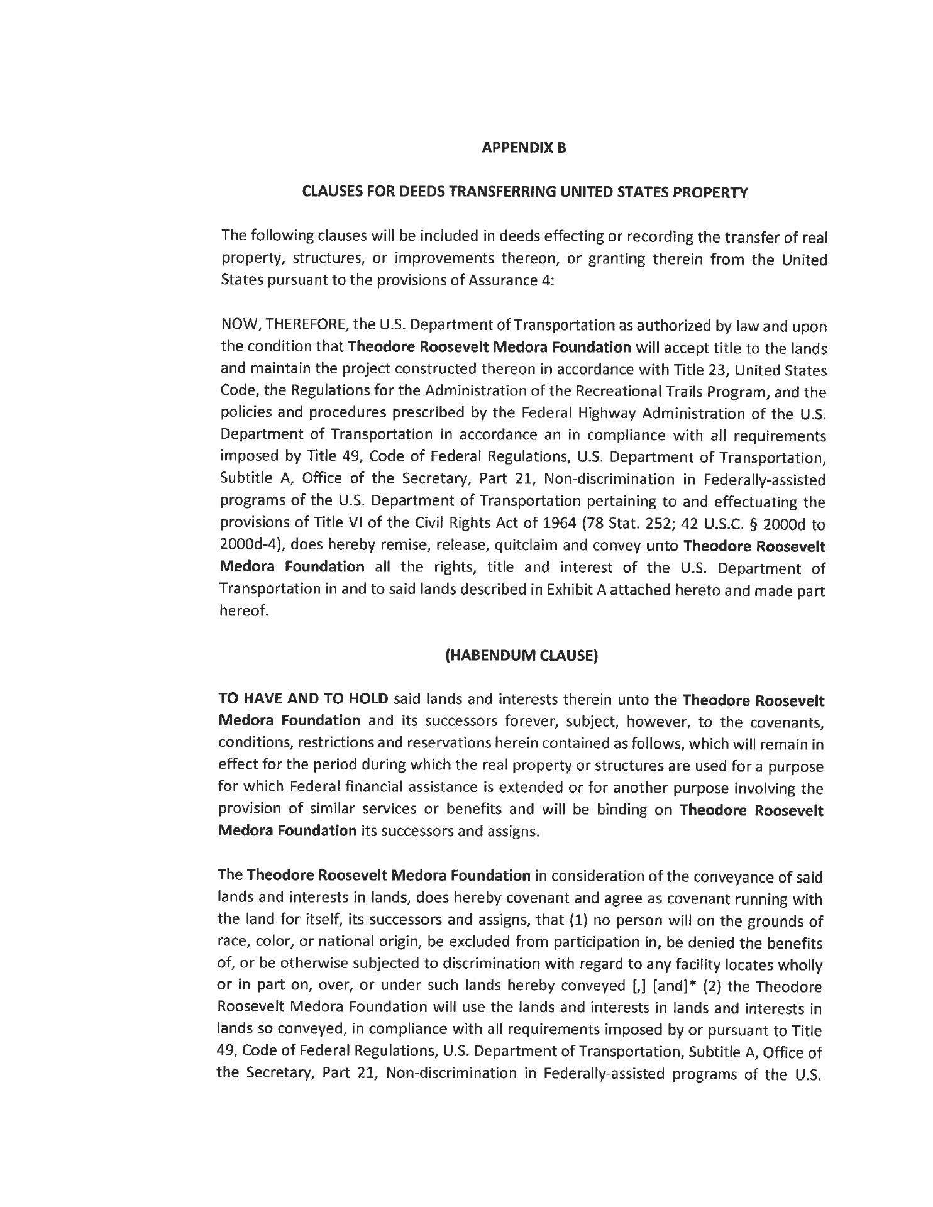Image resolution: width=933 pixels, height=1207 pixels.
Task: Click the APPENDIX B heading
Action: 524,148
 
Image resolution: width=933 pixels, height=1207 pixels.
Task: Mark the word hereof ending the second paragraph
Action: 243,611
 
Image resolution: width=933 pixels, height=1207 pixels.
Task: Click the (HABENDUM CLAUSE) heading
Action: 521,655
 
